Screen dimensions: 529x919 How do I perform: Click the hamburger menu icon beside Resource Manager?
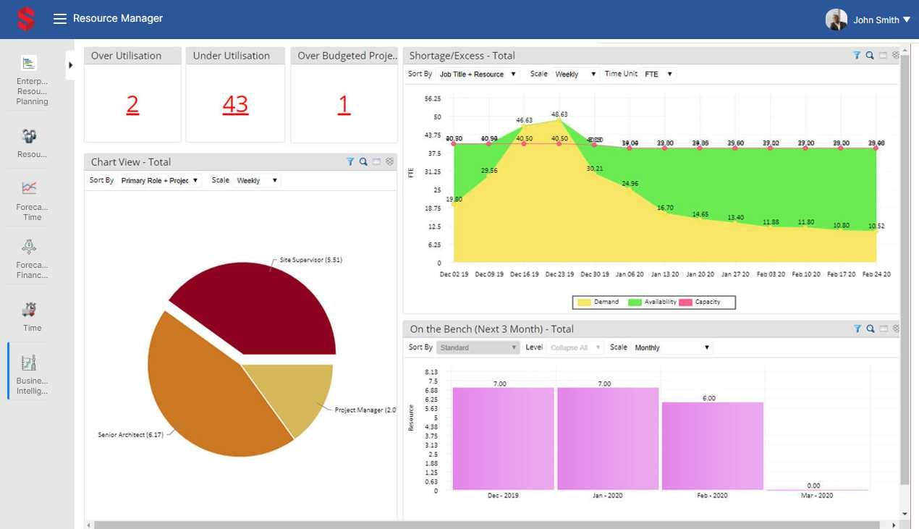(x=60, y=19)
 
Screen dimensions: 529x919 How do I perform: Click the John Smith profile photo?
(x=836, y=20)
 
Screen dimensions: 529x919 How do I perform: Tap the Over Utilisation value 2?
(x=132, y=106)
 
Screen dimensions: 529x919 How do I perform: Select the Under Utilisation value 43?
(x=235, y=106)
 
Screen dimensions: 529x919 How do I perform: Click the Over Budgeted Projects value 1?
(x=344, y=106)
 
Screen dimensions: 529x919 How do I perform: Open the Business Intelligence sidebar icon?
(x=30, y=363)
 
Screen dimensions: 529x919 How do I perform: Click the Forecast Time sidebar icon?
(x=29, y=188)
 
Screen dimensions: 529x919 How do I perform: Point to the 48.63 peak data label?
(x=559, y=114)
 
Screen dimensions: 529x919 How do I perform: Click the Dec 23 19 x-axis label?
(x=559, y=274)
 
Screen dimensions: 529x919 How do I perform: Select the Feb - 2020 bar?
(x=712, y=445)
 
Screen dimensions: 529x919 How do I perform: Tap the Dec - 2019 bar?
(x=503, y=438)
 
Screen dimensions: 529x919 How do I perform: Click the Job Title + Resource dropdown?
(x=478, y=74)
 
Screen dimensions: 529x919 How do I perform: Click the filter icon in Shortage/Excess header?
(x=857, y=56)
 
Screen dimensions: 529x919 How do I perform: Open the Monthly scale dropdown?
(x=672, y=347)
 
